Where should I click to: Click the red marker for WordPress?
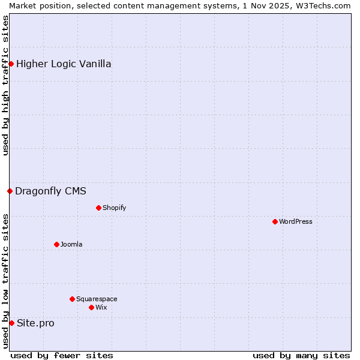tap(275, 221)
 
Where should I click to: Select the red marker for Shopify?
tap(98, 208)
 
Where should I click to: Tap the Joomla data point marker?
tap(56, 244)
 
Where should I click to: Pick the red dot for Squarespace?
tap(72, 299)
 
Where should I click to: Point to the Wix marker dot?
tap(91, 307)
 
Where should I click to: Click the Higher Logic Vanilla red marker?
tap(11, 64)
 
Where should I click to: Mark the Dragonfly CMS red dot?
tap(10, 191)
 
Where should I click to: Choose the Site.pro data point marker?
tap(11, 323)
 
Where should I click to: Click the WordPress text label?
tap(296, 221)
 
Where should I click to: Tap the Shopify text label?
tap(115, 208)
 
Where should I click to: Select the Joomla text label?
tap(71, 244)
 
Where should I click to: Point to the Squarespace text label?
tap(97, 299)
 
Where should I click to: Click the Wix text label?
tap(101, 307)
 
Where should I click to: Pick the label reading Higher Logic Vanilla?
tap(64, 64)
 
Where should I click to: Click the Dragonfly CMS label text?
tap(50, 191)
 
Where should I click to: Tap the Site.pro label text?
tap(35, 323)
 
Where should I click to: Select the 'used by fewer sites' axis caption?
tap(62, 355)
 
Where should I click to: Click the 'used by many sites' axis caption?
tap(301, 355)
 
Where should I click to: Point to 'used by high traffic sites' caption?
tap(5, 86)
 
